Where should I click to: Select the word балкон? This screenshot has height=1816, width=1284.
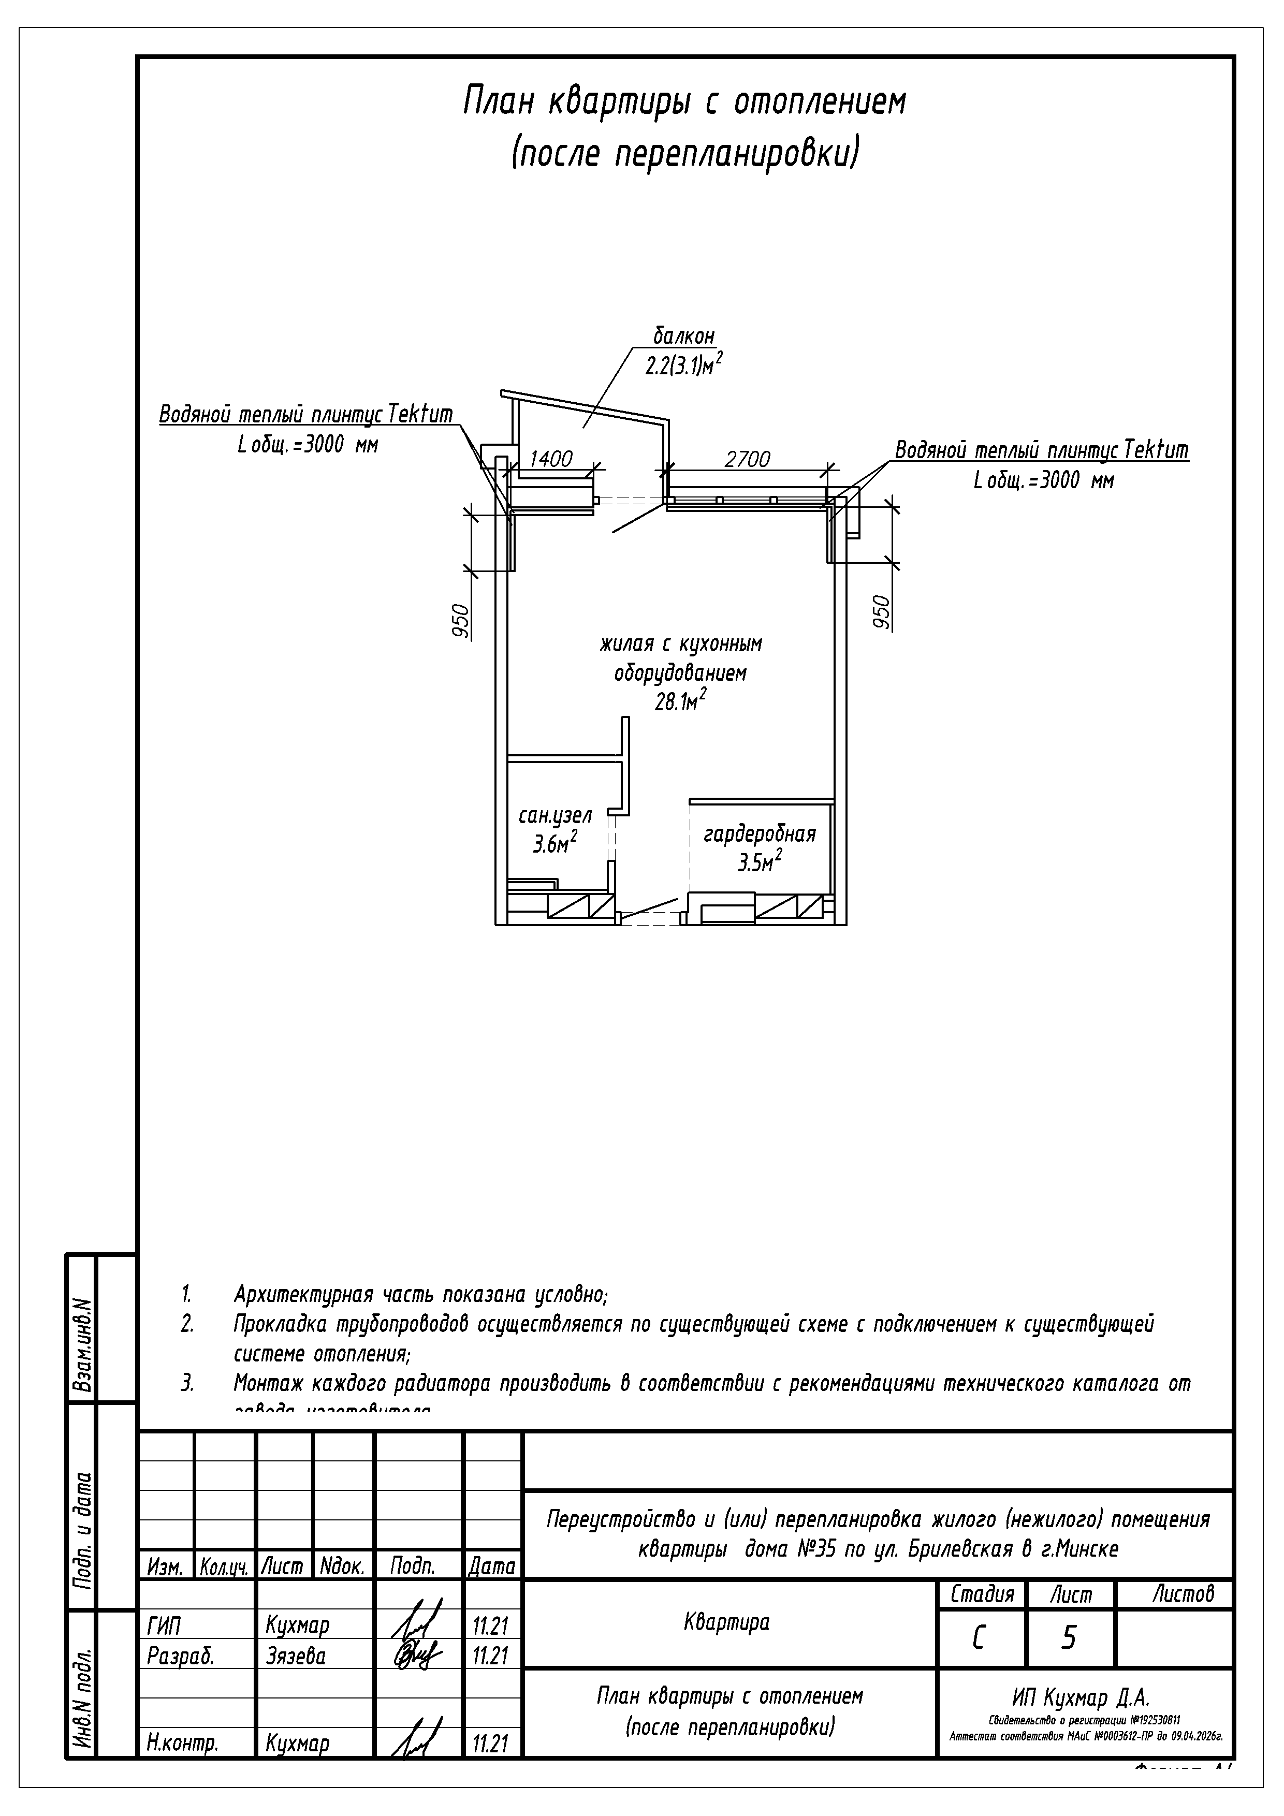pyautogui.click(x=683, y=336)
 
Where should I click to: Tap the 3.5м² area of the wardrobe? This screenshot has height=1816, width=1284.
pyautogui.click(x=760, y=862)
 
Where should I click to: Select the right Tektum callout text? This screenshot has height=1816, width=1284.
pyautogui.click(x=1041, y=451)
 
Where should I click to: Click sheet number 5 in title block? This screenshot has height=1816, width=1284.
pyautogui.click(x=1068, y=1638)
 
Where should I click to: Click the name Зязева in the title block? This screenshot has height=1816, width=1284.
pyautogui.click(x=296, y=1656)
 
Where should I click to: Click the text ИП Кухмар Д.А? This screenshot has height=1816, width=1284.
pyautogui.click(x=1081, y=1697)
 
